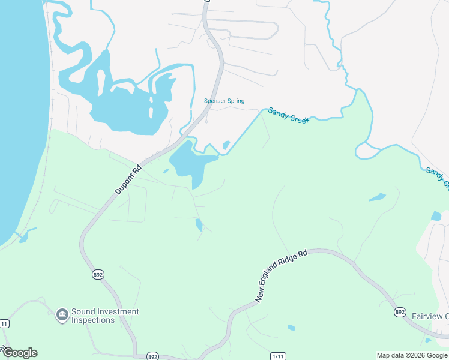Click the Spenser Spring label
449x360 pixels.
click(x=224, y=101)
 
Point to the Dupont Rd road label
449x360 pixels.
click(x=128, y=179)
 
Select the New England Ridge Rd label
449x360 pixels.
click(x=281, y=276)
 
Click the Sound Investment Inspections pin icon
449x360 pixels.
click(x=62, y=315)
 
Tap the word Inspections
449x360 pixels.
click(x=92, y=320)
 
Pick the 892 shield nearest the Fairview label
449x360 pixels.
click(x=400, y=312)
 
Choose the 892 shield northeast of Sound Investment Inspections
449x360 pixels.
click(x=98, y=274)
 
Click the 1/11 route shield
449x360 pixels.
click(x=278, y=356)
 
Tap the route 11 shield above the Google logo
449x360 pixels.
click(x=4, y=323)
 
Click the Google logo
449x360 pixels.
click(x=20, y=353)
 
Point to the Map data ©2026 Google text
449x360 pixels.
click(x=412, y=355)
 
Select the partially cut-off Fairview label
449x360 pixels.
click(x=430, y=316)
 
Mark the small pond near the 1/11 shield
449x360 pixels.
click(x=291, y=328)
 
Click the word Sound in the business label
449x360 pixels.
click(x=83, y=311)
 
